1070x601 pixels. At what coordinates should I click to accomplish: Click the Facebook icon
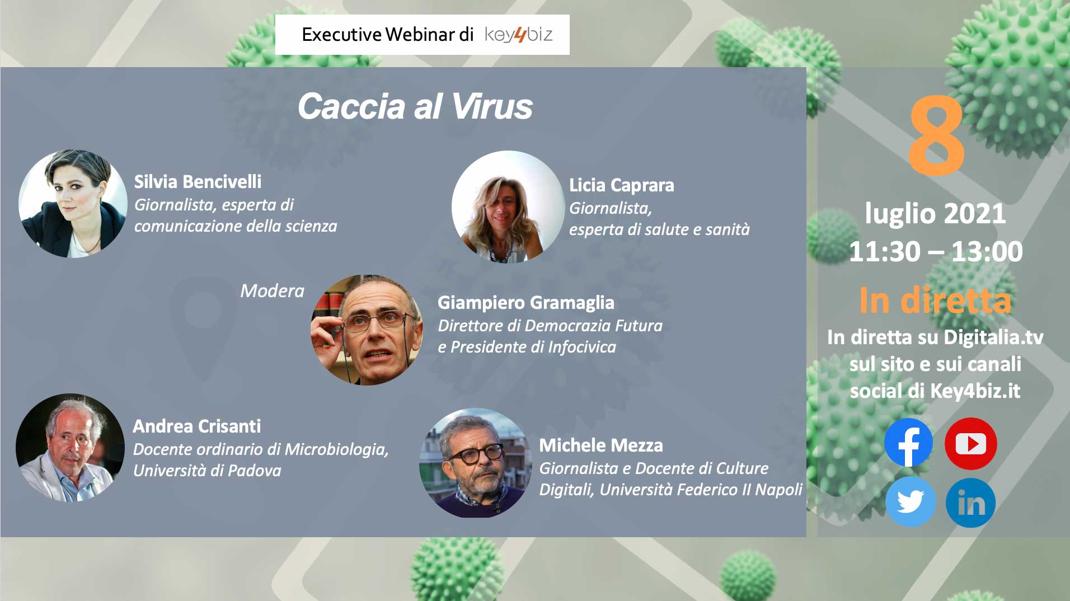pos(908,443)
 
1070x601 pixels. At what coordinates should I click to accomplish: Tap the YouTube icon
pos(970,443)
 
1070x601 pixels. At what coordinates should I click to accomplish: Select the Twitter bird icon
pos(910,502)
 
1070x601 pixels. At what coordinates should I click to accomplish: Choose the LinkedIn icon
pos(970,503)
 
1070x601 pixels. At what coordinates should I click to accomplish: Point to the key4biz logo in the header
pos(518,35)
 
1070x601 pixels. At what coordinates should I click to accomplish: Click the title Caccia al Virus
pos(415,106)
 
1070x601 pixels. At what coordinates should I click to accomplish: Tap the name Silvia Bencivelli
pos(198,181)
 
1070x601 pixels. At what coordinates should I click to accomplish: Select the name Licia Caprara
pos(621,185)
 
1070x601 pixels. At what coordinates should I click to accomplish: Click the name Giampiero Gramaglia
pos(525,303)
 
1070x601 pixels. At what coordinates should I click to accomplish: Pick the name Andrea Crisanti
pos(196,426)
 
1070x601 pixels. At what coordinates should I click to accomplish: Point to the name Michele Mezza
pos(600,445)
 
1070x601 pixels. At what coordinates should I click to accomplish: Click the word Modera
pos(272,291)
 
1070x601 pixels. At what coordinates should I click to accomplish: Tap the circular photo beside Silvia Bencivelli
pos(73,203)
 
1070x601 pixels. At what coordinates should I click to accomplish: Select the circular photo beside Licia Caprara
pos(508,206)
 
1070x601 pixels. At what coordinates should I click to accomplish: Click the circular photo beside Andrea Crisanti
pos(70,448)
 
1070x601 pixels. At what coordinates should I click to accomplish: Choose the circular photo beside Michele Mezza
pos(475,463)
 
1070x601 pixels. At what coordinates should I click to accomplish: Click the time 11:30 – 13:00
pos(936,251)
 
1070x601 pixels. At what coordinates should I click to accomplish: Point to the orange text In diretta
pos(935,300)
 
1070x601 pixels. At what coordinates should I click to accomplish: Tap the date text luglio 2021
pos(935,214)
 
